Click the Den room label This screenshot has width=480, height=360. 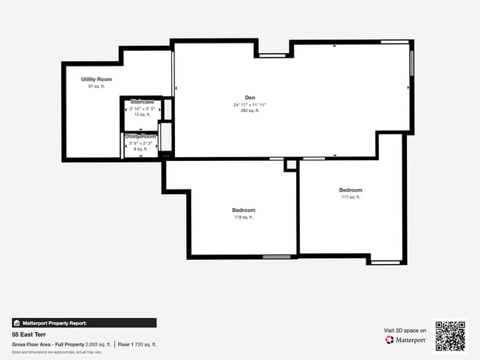point(250,97)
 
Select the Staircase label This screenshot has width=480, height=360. point(143,102)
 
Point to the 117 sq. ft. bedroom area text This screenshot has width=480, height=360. point(351,197)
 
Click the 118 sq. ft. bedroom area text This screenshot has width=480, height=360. point(244,217)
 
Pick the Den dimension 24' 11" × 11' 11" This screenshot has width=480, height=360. point(250,105)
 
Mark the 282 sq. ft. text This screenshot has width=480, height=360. point(250,111)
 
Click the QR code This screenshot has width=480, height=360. point(450,336)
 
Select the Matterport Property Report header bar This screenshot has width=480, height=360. point(84,322)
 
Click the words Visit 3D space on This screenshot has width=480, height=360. point(405,330)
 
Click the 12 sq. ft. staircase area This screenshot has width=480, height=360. point(142,114)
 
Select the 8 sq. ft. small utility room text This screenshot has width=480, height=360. point(141,149)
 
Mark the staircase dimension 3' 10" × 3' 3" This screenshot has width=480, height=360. point(142,108)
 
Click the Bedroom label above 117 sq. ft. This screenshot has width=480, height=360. point(351,190)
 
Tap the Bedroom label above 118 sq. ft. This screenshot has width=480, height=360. point(244,210)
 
